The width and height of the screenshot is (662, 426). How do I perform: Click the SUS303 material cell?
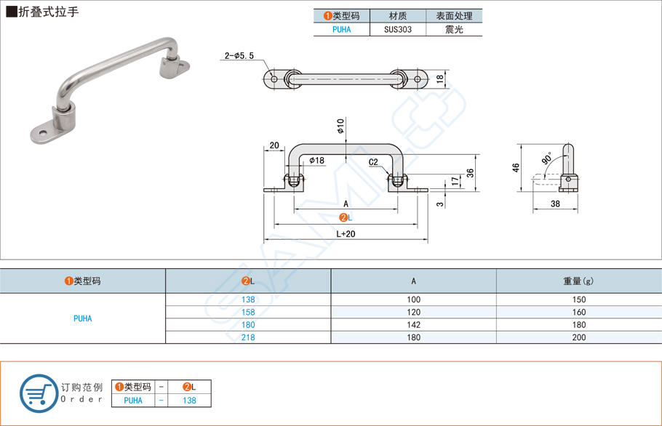pos(397,30)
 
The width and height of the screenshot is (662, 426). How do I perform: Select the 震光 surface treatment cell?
pos(454,30)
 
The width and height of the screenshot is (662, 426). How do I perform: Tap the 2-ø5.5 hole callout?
pos(239,56)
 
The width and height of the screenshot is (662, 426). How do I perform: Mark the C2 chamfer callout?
pos(373,162)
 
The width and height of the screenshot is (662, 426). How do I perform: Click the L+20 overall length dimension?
pos(346,234)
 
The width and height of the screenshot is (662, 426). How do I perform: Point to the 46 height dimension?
pos(517,167)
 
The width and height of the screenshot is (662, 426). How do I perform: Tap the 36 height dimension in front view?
pos(470,172)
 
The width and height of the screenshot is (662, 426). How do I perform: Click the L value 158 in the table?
pos(248,312)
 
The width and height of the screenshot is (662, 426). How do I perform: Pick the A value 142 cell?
pos(413,325)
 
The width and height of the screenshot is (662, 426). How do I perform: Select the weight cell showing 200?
pos(579,337)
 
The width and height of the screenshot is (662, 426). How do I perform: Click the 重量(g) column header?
pos(579,281)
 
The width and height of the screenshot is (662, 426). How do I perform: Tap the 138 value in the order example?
pos(189,400)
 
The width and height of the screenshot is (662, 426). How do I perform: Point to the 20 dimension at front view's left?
pos(274,145)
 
